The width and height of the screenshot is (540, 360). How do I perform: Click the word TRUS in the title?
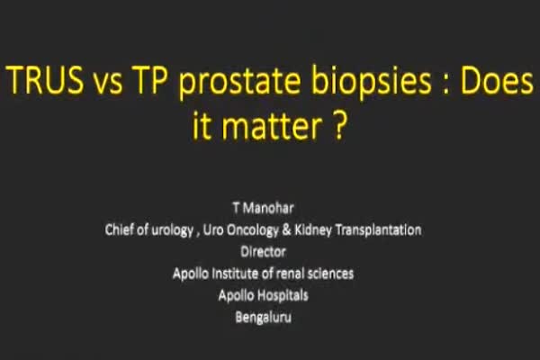click(x=45, y=79)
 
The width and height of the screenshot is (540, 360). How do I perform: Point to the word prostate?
click(x=239, y=83)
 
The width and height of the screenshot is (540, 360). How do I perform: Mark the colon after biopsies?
click(x=445, y=84)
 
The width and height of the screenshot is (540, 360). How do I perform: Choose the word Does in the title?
click(x=498, y=79)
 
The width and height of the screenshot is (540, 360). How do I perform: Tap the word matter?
click(x=273, y=125)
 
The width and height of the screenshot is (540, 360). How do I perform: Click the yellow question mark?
click(x=339, y=125)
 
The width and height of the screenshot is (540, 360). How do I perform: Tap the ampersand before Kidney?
click(x=286, y=229)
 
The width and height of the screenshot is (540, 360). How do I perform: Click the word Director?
click(x=264, y=251)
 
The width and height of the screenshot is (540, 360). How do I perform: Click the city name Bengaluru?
click(x=264, y=318)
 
